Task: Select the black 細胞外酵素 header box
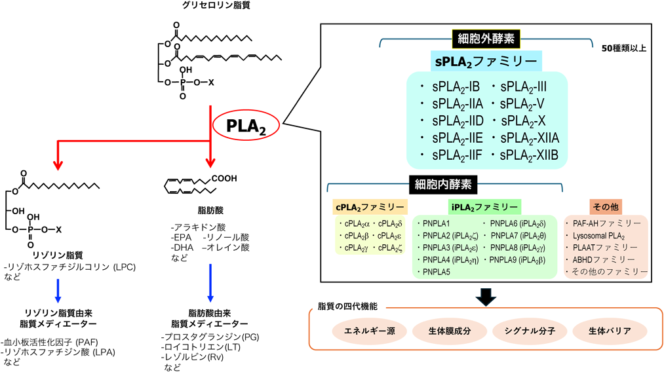click(485, 39)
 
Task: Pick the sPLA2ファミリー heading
click(486, 62)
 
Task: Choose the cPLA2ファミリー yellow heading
click(370, 207)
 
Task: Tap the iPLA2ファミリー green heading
click(484, 207)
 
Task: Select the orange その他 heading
click(606, 207)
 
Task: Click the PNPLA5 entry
click(437, 272)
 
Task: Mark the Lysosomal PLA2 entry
click(598, 235)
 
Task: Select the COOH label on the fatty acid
click(224, 178)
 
